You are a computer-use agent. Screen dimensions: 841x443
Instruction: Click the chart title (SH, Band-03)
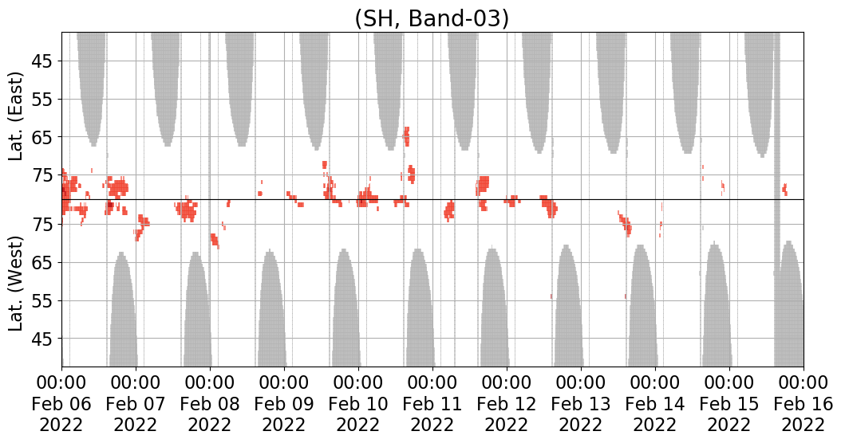pyautogui.click(x=431, y=18)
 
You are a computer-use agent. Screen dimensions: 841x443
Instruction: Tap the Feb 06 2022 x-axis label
pyautogui.click(x=61, y=403)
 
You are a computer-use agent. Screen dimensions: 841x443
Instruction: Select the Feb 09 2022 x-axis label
pyautogui.click(x=284, y=403)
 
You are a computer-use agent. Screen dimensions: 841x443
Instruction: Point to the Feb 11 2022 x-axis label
pyautogui.click(x=432, y=403)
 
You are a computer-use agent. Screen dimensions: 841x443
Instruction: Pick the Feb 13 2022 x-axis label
pyautogui.click(x=581, y=403)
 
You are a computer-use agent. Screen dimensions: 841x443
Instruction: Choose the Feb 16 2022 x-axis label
pyautogui.click(x=803, y=403)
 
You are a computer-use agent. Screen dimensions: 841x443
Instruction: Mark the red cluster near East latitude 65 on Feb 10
pyautogui.click(x=407, y=136)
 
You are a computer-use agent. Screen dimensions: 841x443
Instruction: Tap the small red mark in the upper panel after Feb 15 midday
pyautogui.click(x=784, y=189)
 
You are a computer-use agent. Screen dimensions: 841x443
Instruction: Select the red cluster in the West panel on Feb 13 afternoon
pyautogui.click(x=626, y=223)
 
